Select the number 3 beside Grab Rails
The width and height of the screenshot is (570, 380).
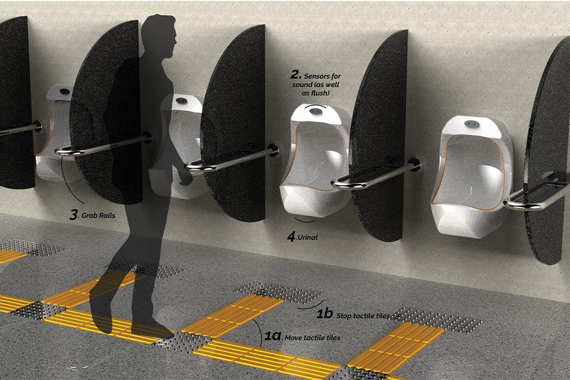point(74,214)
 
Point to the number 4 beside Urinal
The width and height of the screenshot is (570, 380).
point(292,237)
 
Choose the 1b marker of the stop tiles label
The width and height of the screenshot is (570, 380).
point(324,314)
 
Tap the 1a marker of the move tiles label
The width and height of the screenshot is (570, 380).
point(273,337)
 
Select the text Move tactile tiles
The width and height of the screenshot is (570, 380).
point(314,338)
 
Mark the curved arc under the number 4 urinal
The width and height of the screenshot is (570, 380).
point(305,220)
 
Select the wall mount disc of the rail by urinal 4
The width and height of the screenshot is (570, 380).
point(415,164)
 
